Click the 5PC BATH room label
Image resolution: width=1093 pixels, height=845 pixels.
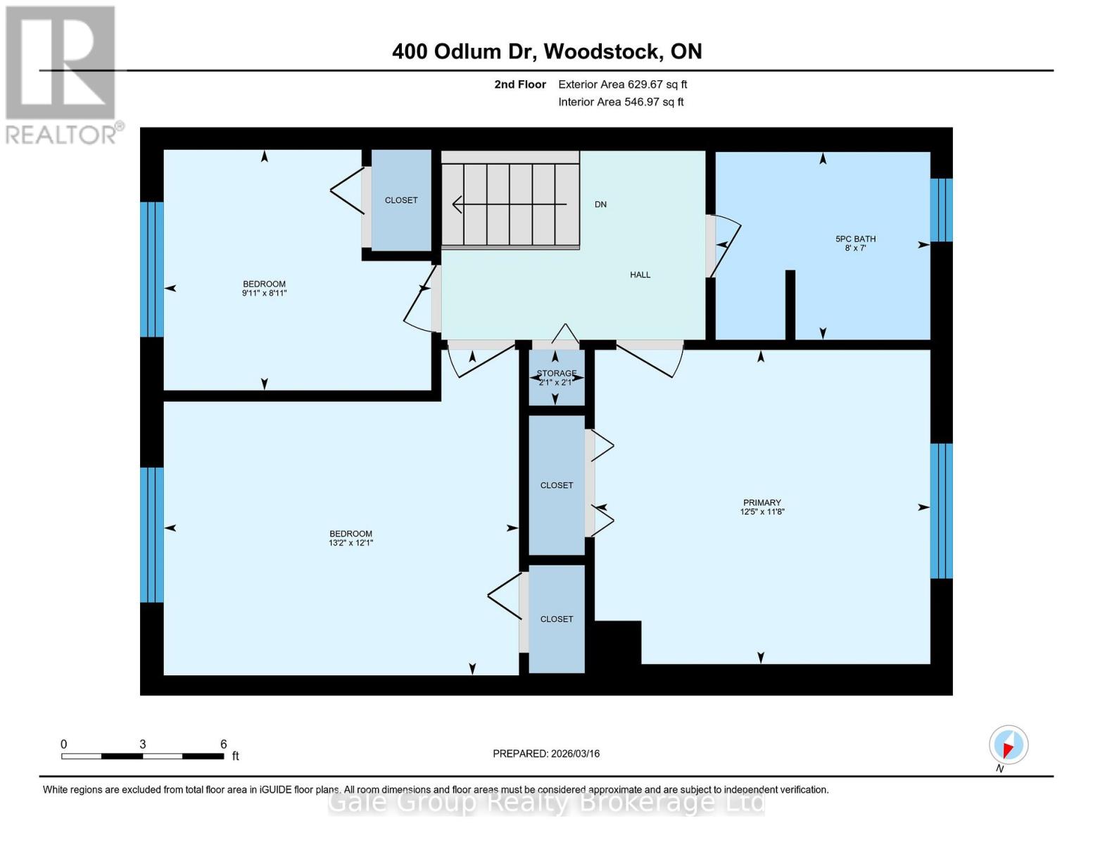click(855, 239)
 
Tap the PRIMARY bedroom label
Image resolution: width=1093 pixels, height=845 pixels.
click(762, 503)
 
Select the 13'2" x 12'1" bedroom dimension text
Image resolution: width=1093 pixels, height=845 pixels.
click(350, 543)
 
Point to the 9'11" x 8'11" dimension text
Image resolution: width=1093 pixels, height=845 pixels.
click(264, 293)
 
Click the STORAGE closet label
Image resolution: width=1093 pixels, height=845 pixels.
click(556, 373)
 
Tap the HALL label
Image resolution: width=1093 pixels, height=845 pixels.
click(640, 275)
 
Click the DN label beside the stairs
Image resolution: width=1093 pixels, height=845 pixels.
click(600, 204)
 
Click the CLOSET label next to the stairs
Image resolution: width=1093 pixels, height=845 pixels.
click(401, 200)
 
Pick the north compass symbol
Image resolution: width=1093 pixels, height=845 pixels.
click(1008, 745)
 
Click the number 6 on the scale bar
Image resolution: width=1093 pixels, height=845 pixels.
click(223, 744)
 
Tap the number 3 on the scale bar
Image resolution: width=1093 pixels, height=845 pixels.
click(143, 744)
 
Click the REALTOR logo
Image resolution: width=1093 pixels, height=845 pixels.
click(62, 74)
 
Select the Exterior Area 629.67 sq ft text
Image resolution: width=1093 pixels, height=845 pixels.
click(622, 84)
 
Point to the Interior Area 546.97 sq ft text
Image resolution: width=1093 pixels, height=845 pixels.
click(621, 102)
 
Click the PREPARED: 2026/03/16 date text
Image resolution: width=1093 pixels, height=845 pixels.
click(546, 753)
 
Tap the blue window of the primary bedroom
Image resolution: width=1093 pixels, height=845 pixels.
click(941, 511)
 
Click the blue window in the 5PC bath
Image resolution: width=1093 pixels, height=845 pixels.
click(941, 210)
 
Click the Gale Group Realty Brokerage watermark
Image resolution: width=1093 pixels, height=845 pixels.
click(546, 802)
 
